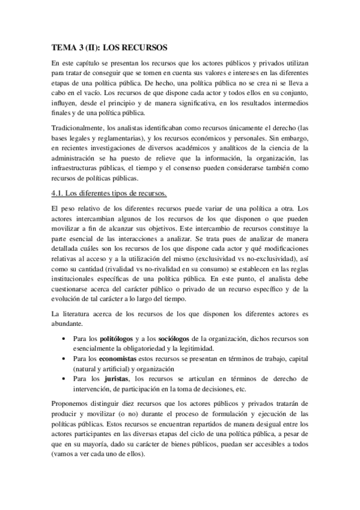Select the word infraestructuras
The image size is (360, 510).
pos(79,169)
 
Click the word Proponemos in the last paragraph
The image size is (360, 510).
pos(73,402)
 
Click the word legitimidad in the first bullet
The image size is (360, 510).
pos(194,348)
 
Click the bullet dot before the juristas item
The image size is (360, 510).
pos(64,378)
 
